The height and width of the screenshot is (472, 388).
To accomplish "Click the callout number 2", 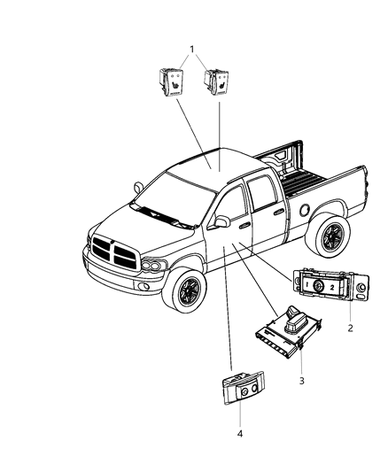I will click(350, 328).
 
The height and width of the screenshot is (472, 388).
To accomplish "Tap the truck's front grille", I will click(113, 254).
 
